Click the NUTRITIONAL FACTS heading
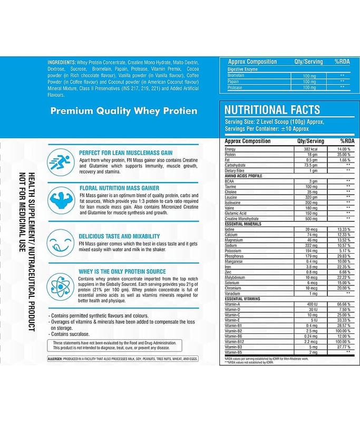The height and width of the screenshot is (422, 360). pos(272,110)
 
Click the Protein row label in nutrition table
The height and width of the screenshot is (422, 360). pos(231,155)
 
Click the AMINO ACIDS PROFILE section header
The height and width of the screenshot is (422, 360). pos(244,176)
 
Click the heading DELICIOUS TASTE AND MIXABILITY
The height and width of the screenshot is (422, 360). pos(119,236)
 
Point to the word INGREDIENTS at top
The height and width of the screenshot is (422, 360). pos(61,62)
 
